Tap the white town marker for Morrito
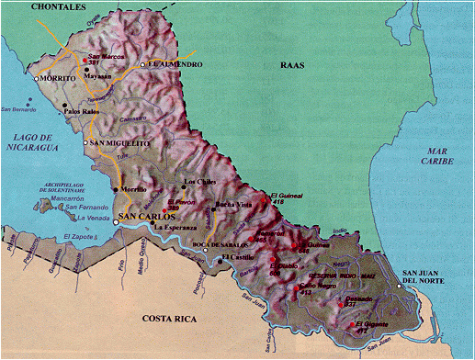[37, 79]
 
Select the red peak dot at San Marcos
[85, 61]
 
